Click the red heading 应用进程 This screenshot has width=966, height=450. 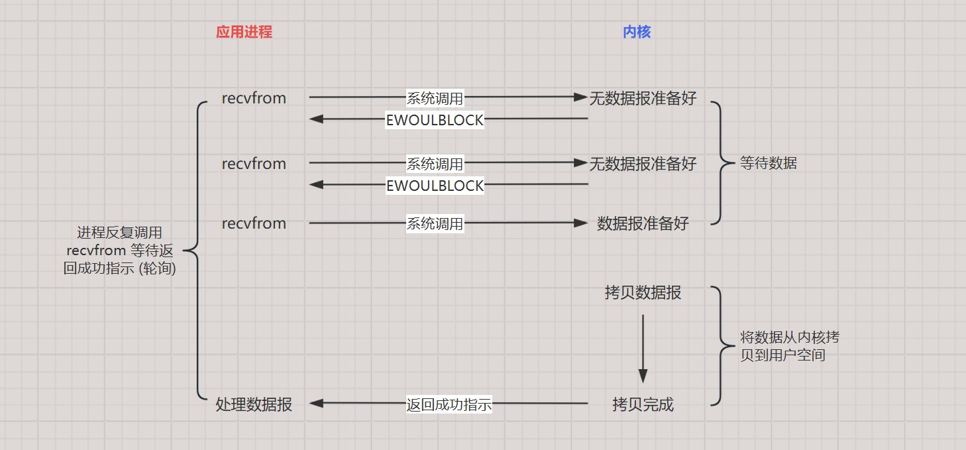(244, 32)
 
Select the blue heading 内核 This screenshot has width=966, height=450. (637, 32)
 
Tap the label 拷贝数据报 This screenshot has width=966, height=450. (643, 292)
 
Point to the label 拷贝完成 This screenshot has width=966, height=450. (643, 404)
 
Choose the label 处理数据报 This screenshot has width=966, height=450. (254, 404)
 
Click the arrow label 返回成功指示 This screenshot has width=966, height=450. (449, 404)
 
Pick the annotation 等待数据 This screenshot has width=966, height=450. (768, 163)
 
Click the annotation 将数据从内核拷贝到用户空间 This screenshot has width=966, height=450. (789, 346)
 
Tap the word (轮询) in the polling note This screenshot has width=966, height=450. (156, 269)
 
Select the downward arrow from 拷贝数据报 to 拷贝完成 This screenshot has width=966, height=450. (643, 348)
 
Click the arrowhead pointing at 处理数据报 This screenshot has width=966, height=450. (315, 403)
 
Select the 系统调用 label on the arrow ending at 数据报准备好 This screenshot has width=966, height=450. (435, 224)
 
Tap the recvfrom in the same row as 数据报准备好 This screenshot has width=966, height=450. (254, 223)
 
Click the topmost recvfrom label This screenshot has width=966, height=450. (254, 98)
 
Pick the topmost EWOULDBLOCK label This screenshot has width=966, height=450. (435, 121)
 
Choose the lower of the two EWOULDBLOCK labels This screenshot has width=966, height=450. (435, 186)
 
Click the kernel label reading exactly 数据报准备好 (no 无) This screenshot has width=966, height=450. (643, 223)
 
